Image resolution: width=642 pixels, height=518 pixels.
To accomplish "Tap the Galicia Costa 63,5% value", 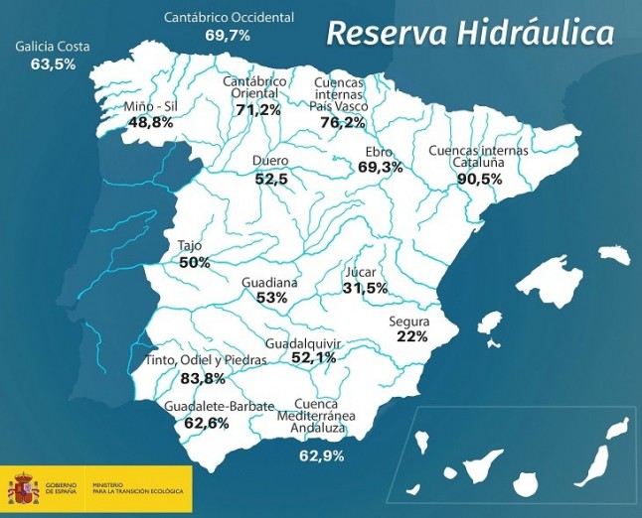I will pyautogui.click(x=54, y=65).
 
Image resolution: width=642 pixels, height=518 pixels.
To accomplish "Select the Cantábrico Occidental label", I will pyautogui.click(x=229, y=18).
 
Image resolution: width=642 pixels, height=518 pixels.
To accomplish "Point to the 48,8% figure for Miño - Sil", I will pyautogui.click(x=151, y=122).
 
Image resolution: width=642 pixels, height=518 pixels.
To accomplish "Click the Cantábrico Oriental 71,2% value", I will pyautogui.click(x=257, y=109).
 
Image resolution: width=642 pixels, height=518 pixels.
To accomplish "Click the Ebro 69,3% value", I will pyautogui.click(x=380, y=168).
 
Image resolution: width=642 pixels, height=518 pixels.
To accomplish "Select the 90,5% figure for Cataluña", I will pyautogui.click(x=479, y=179).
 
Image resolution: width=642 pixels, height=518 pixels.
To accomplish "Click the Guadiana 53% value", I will pyautogui.click(x=271, y=297).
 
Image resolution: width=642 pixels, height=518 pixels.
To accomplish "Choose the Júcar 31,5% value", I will pyautogui.click(x=365, y=288).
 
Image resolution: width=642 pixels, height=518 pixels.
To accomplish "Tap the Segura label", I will pyautogui.click(x=409, y=322).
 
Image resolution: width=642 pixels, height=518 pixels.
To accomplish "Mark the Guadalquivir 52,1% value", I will pyautogui.click(x=314, y=357).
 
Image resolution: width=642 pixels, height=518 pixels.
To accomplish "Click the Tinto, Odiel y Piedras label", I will pyautogui.click(x=206, y=360).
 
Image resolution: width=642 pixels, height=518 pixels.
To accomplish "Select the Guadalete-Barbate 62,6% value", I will pyautogui.click(x=207, y=423).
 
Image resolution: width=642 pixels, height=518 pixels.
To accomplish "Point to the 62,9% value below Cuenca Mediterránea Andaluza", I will pyautogui.click(x=322, y=455).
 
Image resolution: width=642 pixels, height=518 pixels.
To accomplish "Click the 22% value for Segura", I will pyautogui.click(x=411, y=336).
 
